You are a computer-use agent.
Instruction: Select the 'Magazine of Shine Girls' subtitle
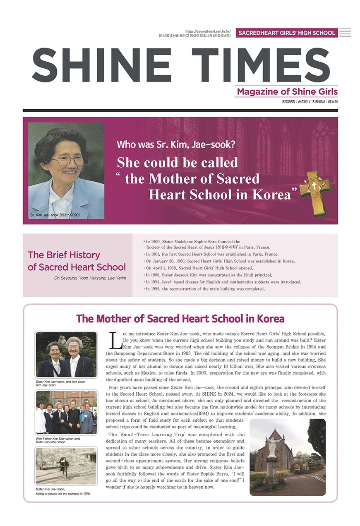(287, 91)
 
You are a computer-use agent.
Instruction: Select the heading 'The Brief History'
(64, 255)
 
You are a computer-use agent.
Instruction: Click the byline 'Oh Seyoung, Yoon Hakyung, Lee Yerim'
(88, 278)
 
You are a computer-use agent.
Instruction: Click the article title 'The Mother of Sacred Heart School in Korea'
(180, 319)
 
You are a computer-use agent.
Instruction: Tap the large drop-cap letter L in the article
(115, 340)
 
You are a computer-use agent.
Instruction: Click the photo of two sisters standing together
(66, 355)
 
